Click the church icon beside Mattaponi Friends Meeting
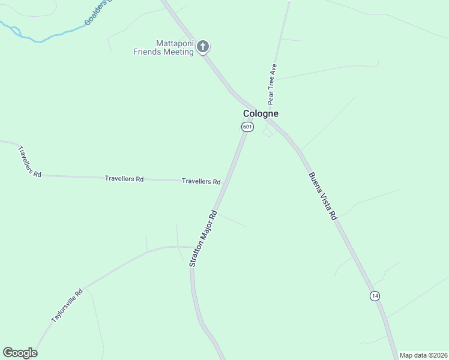pyautogui.click(x=203, y=46)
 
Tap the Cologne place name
pyautogui.click(x=261, y=113)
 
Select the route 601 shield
pyautogui.click(x=247, y=127)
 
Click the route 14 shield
pyautogui.click(x=375, y=296)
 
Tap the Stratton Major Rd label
pyautogui.click(x=202, y=238)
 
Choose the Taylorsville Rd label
pyautogui.click(x=66, y=307)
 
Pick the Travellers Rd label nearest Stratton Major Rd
pyautogui.click(x=201, y=181)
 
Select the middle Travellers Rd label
pyautogui.click(x=124, y=179)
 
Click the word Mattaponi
pyautogui.click(x=175, y=43)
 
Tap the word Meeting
pyautogui.click(x=179, y=52)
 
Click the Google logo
pyautogui.click(x=20, y=353)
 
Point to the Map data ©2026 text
pyautogui.click(x=423, y=355)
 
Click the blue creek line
pyautogui.click(x=36, y=40)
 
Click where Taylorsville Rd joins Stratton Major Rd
pyautogui.click(x=192, y=247)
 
